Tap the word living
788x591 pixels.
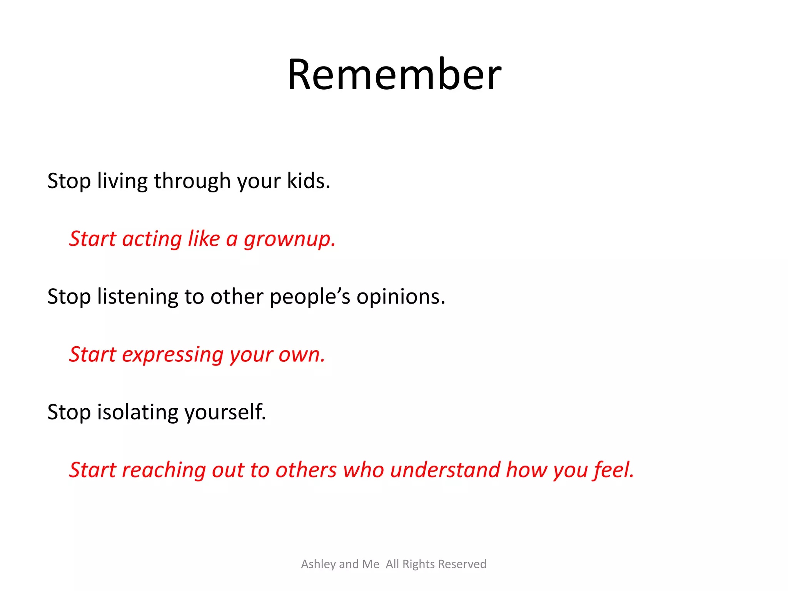tap(122, 182)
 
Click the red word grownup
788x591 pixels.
tap(289, 239)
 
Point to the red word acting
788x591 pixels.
tap(152, 239)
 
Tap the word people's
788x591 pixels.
tap(310, 297)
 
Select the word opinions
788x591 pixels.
tap(400, 297)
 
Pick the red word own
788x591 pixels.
tap(301, 355)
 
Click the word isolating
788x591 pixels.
tap(137, 412)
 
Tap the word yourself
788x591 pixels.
tap(225, 412)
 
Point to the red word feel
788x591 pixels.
tap(613, 470)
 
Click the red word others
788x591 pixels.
tap(306, 470)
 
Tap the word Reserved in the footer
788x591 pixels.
tap(462, 564)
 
